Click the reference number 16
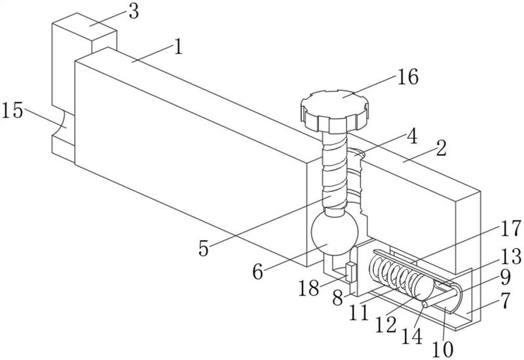[x=407, y=77]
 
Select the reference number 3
[x=134, y=12]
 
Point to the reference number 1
[x=179, y=46]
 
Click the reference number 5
[x=204, y=248]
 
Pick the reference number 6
[x=257, y=272]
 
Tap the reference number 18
[x=309, y=288]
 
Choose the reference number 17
[x=511, y=228]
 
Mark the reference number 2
[x=441, y=148]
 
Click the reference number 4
[x=413, y=136]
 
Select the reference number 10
[x=443, y=350]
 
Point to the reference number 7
[x=506, y=300]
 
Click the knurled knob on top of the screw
[x=335, y=111]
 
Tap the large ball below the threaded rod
[x=335, y=233]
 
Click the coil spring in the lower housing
[x=394, y=272]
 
